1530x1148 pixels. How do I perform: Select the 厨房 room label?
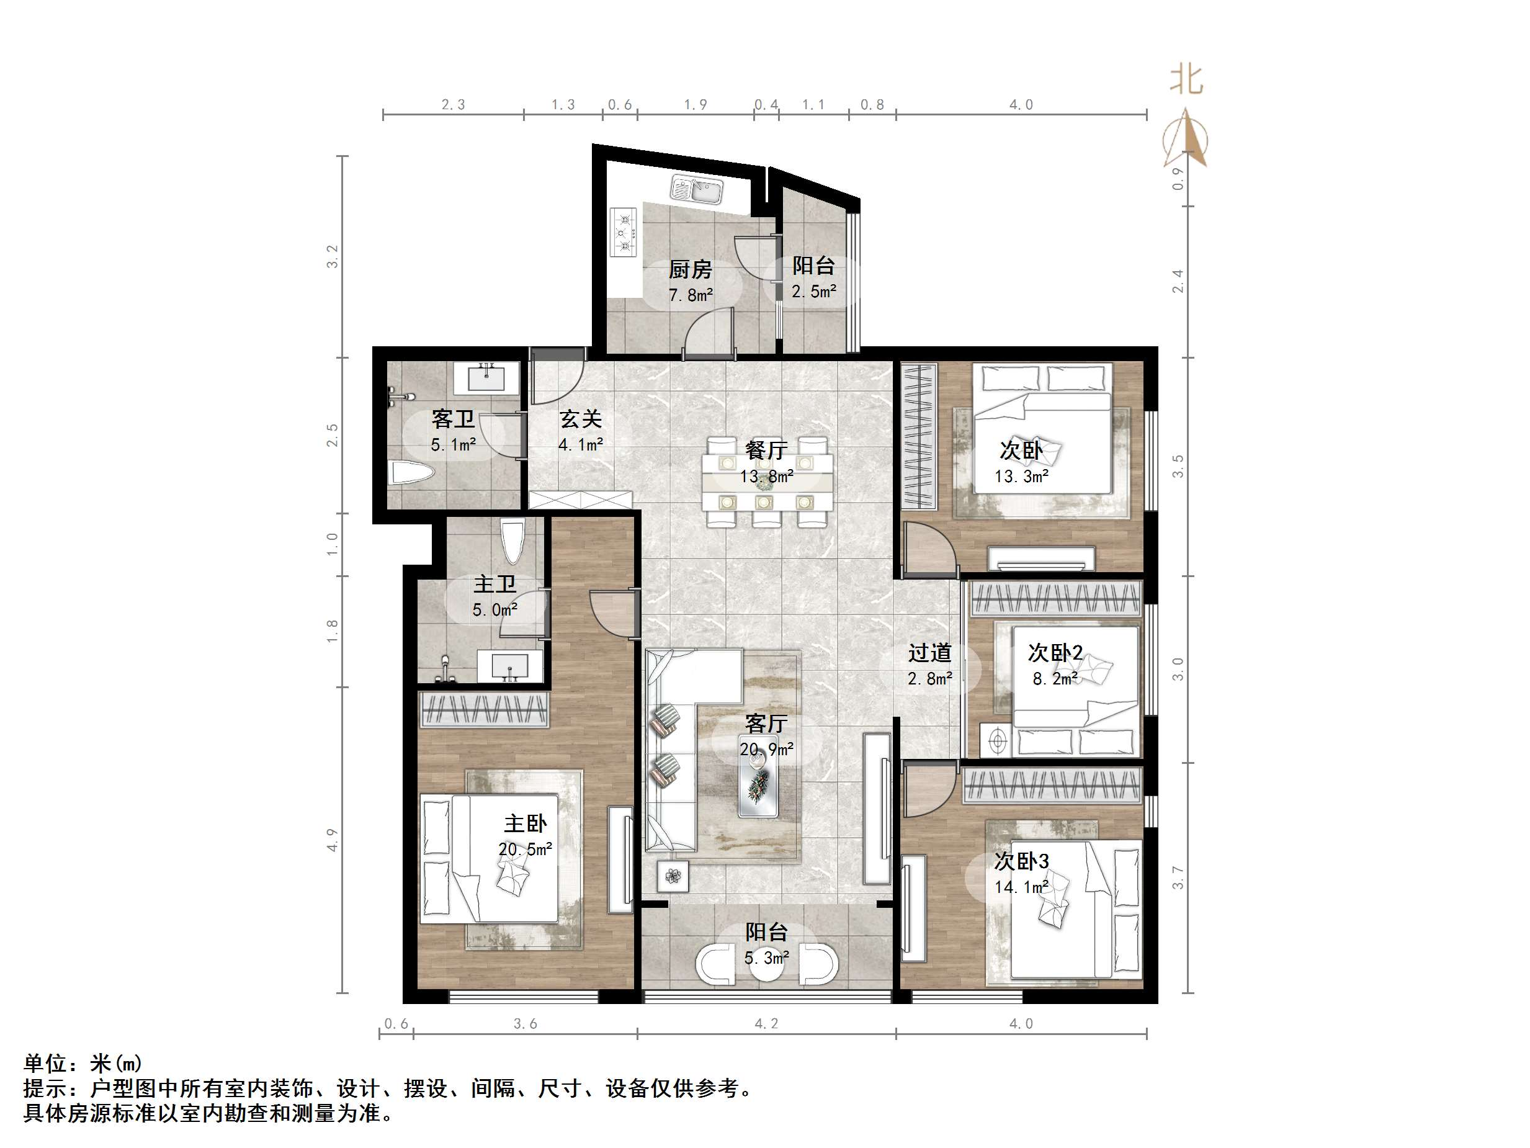point(689,269)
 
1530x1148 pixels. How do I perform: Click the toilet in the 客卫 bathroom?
point(412,473)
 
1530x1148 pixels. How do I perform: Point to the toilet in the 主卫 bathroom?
point(512,542)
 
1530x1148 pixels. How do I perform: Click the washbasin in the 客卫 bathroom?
point(487,378)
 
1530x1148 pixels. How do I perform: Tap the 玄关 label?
point(580,419)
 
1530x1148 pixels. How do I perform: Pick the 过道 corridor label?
point(929,653)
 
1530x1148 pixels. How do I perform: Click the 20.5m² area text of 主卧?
point(525,849)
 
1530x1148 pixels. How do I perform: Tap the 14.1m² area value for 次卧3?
point(1022,886)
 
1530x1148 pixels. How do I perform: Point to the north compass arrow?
point(1187,138)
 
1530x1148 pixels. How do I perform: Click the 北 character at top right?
point(1186,80)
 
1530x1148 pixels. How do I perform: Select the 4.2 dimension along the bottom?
point(766,1023)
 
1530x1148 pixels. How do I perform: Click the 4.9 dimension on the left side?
point(333,840)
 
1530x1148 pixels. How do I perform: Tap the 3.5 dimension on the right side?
point(1178,467)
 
